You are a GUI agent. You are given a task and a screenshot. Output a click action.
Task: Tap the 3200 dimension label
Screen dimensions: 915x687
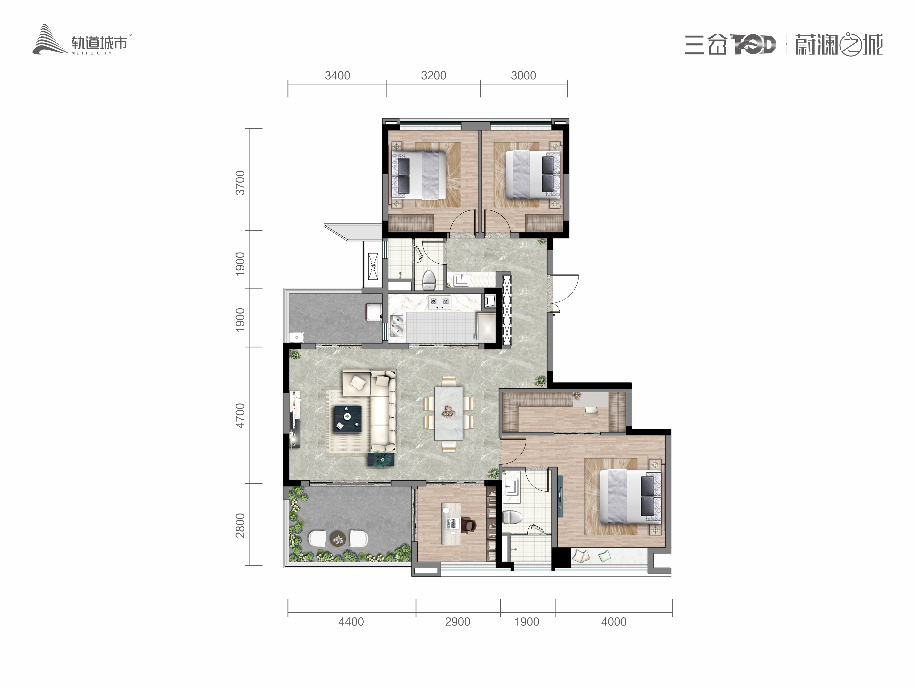(434, 76)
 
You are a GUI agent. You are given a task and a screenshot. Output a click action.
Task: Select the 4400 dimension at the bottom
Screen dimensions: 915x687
(351, 622)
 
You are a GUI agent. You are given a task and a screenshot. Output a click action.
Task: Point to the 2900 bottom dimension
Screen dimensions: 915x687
(458, 622)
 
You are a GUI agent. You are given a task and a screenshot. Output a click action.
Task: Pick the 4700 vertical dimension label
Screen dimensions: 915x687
(240, 416)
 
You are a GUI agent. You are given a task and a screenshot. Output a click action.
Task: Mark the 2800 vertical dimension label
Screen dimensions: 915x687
(240, 525)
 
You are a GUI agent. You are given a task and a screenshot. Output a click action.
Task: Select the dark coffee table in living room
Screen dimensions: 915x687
(347, 419)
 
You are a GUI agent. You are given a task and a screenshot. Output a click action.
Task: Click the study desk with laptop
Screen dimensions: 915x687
(451, 524)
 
